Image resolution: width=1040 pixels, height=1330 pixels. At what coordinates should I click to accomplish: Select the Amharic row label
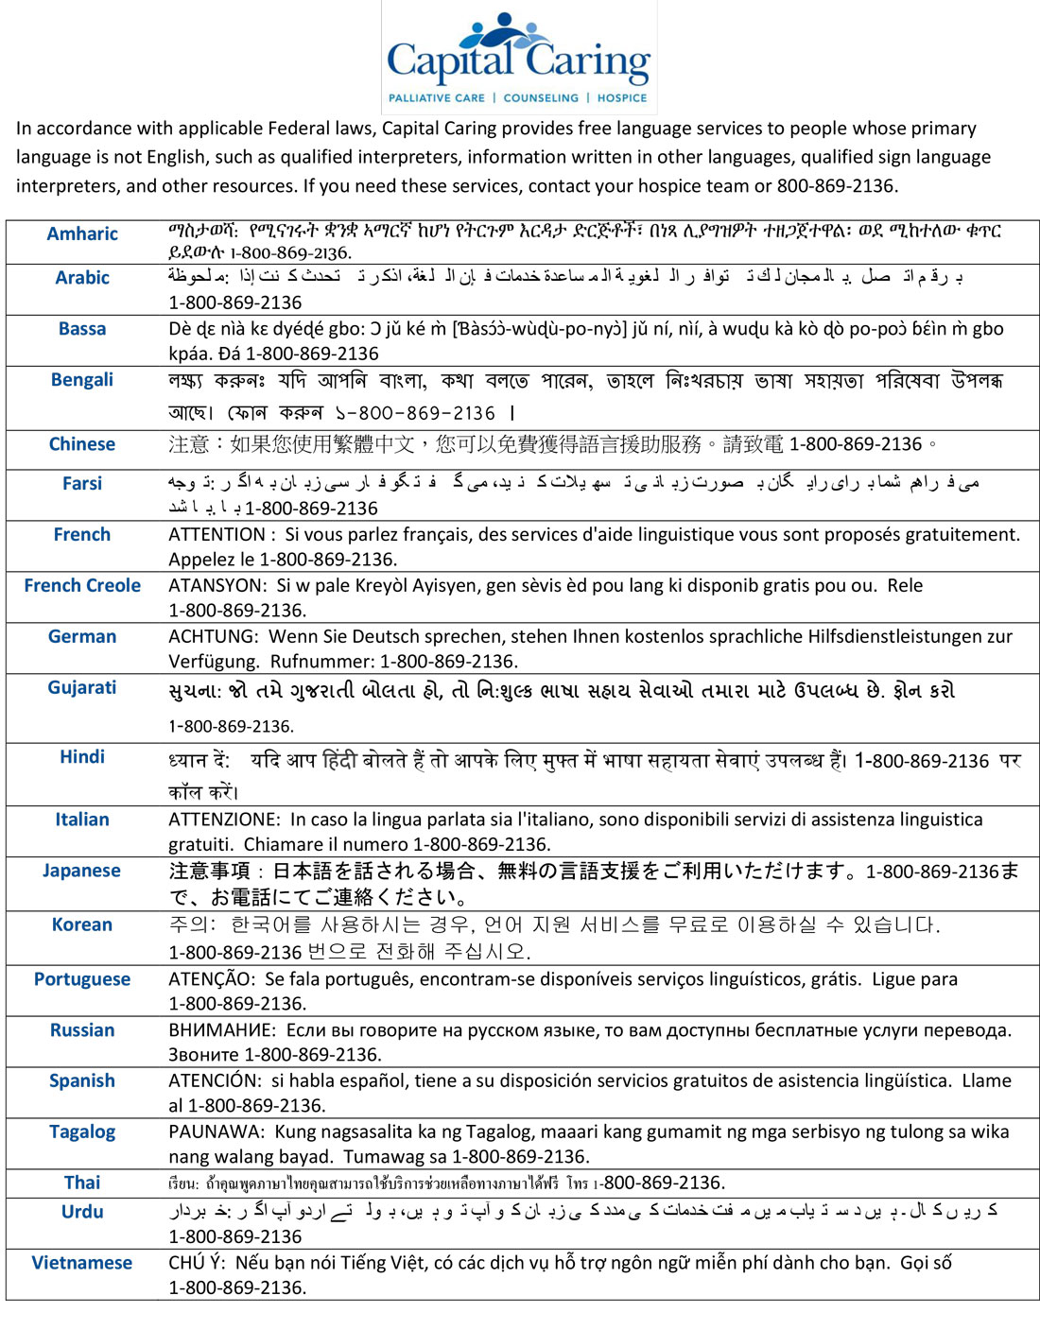pyautogui.click(x=82, y=233)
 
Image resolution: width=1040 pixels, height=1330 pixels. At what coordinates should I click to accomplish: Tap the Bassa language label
pyautogui.click(x=82, y=329)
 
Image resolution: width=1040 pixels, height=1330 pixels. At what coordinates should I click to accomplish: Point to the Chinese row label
pyautogui.click(x=82, y=444)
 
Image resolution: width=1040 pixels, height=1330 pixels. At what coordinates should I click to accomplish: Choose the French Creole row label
pyautogui.click(x=82, y=586)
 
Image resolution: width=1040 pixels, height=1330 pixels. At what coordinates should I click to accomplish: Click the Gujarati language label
pyautogui.click(x=82, y=687)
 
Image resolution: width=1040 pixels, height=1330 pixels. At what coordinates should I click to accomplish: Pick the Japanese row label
pyautogui.click(x=81, y=871)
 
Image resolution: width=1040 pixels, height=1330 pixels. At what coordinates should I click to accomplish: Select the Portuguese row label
pyautogui.click(x=82, y=979)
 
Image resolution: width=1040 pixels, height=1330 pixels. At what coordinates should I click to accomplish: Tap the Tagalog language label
pyautogui.click(x=82, y=1131)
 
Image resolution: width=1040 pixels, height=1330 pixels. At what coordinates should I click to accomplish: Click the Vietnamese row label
pyautogui.click(x=82, y=1263)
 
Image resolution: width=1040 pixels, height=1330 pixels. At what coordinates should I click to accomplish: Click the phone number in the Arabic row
pyautogui.click(x=235, y=302)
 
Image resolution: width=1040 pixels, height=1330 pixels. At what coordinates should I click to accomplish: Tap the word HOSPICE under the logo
pyautogui.click(x=622, y=97)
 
